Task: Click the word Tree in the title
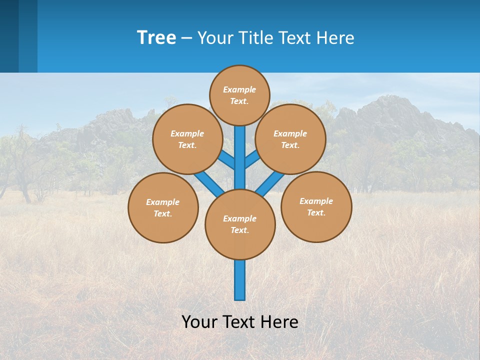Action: [x=156, y=37]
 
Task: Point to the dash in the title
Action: [x=186, y=38]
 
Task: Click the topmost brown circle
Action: [x=239, y=95]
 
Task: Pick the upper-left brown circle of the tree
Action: [x=187, y=139]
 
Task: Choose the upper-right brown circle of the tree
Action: [x=290, y=139]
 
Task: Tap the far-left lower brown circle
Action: [x=163, y=207]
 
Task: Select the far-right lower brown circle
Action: [x=316, y=206]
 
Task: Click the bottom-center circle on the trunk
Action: [x=240, y=224]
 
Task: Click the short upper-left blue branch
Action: [x=227, y=160]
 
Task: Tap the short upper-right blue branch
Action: [x=252, y=159]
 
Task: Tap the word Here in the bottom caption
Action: [x=281, y=321]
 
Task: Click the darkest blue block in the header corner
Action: [x=9, y=36]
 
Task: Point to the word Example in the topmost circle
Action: [x=239, y=89]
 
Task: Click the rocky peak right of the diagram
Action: [x=385, y=107]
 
